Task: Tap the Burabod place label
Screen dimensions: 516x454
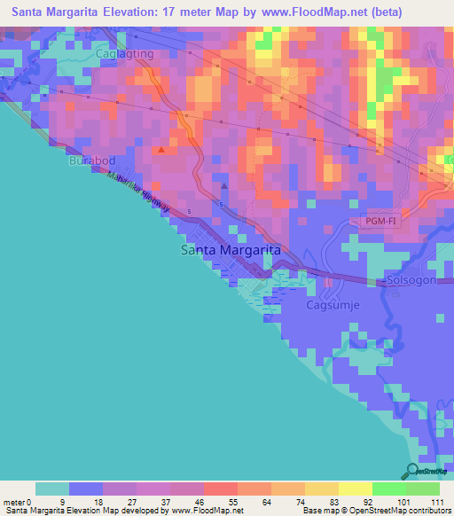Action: [x=91, y=161]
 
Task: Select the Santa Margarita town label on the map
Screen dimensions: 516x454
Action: [x=231, y=250]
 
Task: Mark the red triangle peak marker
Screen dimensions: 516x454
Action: [x=160, y=150]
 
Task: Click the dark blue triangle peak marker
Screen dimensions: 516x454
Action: [x=223, y=186]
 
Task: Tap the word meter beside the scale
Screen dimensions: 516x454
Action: [x=15, y=501]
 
